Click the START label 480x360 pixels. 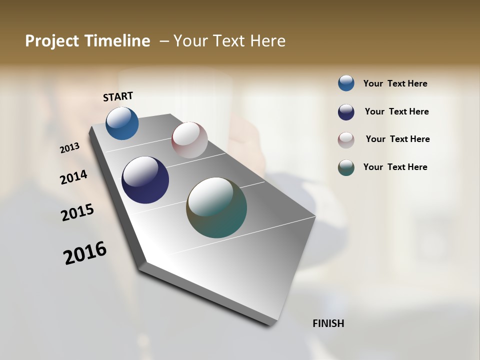[x=118, y=96]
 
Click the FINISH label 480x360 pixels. [x=328, y=323]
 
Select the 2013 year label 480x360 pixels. [x=70, y=148]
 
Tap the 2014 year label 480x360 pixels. [x=74, y=177]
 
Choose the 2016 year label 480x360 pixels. [x=85, y=253]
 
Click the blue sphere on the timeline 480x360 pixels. [x=122, y=123]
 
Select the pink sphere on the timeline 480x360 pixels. [x=189, y=139]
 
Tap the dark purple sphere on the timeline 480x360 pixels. [x=145, y=180]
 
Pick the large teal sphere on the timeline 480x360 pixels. [x=216, y=207]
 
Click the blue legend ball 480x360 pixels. [x=346, y=83]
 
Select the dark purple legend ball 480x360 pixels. [x=346, y=112]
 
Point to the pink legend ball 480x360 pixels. [x=346, y=139]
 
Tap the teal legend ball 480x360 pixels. [x=346, y=167]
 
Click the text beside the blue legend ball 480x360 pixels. [x=395, y=83]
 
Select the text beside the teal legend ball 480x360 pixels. [x=395, y=167]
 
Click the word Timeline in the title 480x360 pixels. [x=120, y=41]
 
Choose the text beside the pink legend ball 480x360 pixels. [x=397, y=139]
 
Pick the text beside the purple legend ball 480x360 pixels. [x=396, y=111]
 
